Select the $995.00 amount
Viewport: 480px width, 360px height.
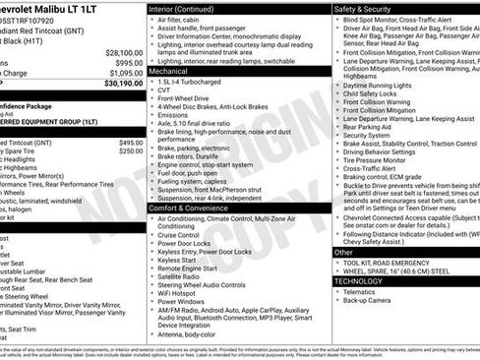(x=128, y=62)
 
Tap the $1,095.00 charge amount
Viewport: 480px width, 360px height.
(x=124, y=73)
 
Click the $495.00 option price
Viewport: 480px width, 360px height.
(x=132, y=142)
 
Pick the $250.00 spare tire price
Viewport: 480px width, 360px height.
(x=132, y=151)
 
